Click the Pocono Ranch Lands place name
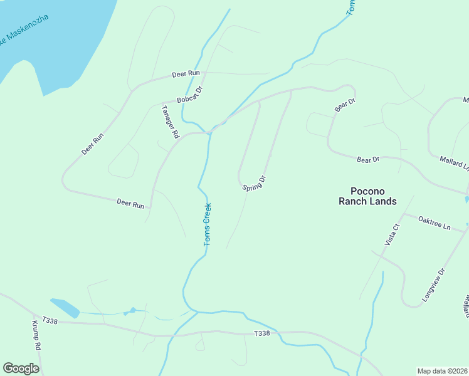pyautogui.click(x=367, y=196)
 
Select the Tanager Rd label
pyautogui.click(x=171, y=121)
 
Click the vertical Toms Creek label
pyautogui.click(x=208, y=224)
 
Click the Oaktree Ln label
pyautogui.click(x=435, y=222)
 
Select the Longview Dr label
pyautogui.click(x=433, y=285)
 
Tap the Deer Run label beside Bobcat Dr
pyautogui.click(x=186, y=74)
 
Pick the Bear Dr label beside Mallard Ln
pyautogui.click(x=368, y=160)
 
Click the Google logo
pyautogui.click(x=21, y=368)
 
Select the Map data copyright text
pyautogui.click(x=443, y=371)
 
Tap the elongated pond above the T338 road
pyautogui.click(x=65, y=307)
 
